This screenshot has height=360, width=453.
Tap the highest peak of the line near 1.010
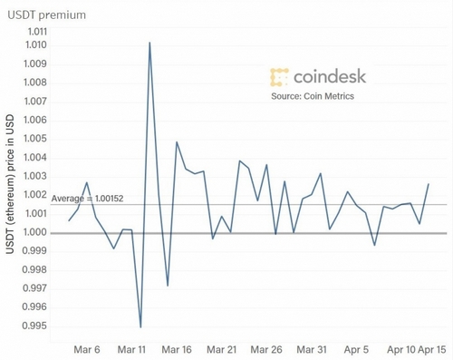149,43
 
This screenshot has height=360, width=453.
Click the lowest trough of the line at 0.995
140,326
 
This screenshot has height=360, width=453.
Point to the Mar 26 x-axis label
266,348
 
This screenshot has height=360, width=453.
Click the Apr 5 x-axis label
356,348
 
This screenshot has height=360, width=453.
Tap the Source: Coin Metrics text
313,97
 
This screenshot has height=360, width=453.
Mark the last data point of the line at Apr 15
429,184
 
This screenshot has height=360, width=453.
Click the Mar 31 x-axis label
312,348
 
